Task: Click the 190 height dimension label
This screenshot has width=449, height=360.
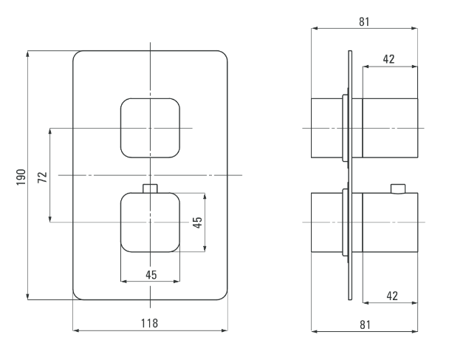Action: (x=21, y=177)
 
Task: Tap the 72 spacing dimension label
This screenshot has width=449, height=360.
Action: (x=42, y=177)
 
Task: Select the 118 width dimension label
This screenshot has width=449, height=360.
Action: (x=149, y=323)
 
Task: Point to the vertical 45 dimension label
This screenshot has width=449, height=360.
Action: (x=197, y=223)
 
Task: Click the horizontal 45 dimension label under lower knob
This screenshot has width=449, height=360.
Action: (x=151, y=275)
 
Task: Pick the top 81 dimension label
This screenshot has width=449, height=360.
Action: (x=364, y=21)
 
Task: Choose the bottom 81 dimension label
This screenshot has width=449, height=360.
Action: (x=365, y=325)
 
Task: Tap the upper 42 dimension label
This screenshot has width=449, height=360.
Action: (x=389, y=59)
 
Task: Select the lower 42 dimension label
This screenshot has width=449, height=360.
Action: (x=392, y=296)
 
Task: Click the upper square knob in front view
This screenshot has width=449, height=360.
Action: (x=150, y=128)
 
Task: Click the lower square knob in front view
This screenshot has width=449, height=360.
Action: (x=150, y=223)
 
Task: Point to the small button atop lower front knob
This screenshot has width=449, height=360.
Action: (x=150, y=189)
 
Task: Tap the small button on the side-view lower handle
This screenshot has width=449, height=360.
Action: (x=398, y=189)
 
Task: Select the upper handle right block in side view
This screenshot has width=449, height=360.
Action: (x=390, y=128)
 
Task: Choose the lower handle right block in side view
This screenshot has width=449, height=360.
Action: (x=390, y=223)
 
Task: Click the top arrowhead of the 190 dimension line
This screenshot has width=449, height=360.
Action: (x=28, y=54)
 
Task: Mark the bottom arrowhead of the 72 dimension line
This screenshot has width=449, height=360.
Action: (x=50, y=220)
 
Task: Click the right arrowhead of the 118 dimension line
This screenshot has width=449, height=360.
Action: (x=224, y=330)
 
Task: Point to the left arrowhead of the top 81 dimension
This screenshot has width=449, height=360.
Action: (x=315, y=28)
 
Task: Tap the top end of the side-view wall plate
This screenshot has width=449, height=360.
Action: (x=350, y=51)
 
